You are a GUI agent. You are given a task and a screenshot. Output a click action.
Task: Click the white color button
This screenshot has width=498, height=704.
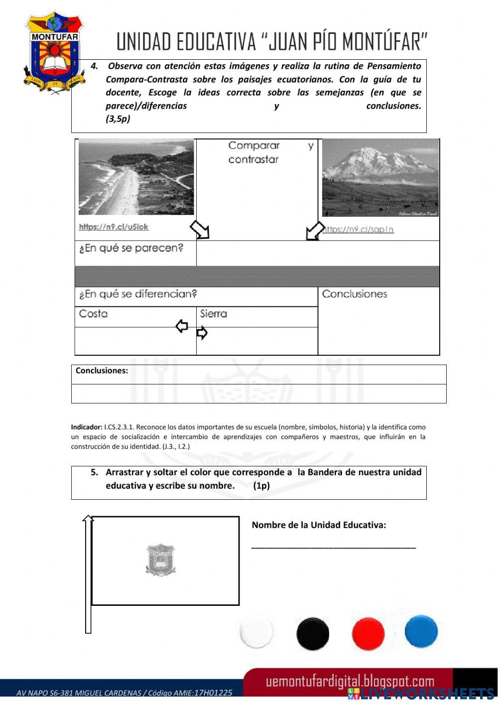(256, 632)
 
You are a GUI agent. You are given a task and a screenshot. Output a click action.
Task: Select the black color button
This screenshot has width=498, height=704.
(313, 633)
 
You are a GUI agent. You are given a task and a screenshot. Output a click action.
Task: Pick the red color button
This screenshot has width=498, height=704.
(368, 633)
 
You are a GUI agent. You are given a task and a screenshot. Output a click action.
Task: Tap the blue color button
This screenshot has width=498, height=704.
(421, 631)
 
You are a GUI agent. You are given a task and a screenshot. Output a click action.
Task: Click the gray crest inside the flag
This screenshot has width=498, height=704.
(160, 560)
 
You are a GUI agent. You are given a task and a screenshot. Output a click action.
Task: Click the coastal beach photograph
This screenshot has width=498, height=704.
(136, 177)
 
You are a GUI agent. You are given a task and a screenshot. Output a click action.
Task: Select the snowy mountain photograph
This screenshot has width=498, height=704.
(380, 178)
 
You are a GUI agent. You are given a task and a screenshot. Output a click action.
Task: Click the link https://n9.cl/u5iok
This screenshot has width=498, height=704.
(114, 227)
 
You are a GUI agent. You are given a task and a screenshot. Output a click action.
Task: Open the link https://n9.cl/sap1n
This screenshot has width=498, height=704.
(359, 229)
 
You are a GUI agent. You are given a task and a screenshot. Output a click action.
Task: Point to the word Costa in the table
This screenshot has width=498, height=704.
(93, 314)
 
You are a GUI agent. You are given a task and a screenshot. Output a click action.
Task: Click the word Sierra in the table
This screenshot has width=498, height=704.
(214, 314)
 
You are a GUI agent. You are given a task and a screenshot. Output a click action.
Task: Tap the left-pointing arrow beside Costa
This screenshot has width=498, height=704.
(182, 326)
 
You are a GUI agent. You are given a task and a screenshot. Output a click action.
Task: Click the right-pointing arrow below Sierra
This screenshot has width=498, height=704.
(202, 333)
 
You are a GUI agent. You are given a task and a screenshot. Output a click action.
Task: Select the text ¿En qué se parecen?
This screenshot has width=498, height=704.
(131, 248)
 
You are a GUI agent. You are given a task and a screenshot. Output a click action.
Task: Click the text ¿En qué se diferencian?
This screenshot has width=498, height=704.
(138, 294)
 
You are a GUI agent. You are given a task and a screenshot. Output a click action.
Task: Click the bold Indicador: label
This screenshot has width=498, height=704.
(87, 427)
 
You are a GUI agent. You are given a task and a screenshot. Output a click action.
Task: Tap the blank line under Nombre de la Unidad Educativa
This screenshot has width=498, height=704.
(333, 547)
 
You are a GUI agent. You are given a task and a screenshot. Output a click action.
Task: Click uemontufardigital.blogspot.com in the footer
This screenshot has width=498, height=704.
(350, 682)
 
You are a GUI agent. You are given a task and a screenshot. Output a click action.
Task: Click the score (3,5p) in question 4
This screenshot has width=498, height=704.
(118, 119)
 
